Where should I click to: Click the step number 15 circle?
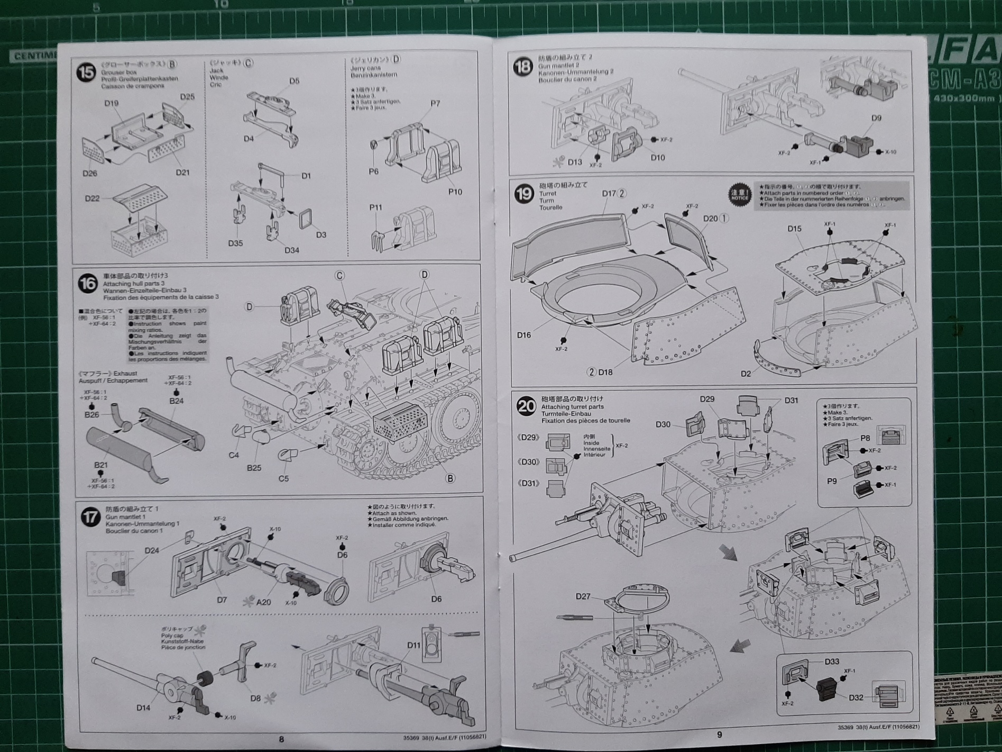tap(86, 73)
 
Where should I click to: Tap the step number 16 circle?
tap(88, 284)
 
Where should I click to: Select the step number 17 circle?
tap(90, 517)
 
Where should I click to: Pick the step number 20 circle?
tap(526, 406)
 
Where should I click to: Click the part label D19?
tap(111, 103)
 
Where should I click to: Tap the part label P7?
tap(435, 103)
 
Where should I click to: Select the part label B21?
tap(101, 465)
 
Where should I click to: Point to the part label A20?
tap(263, 602)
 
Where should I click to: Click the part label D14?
tap(143, 708)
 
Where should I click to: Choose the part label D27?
tap(583, 596)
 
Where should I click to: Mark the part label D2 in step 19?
tap(746, 374)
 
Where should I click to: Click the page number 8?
tap(281, 739)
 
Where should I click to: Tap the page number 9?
tap(719, 734)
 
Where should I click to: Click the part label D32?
tap(856, 697)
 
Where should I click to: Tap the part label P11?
tap(375, 207)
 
